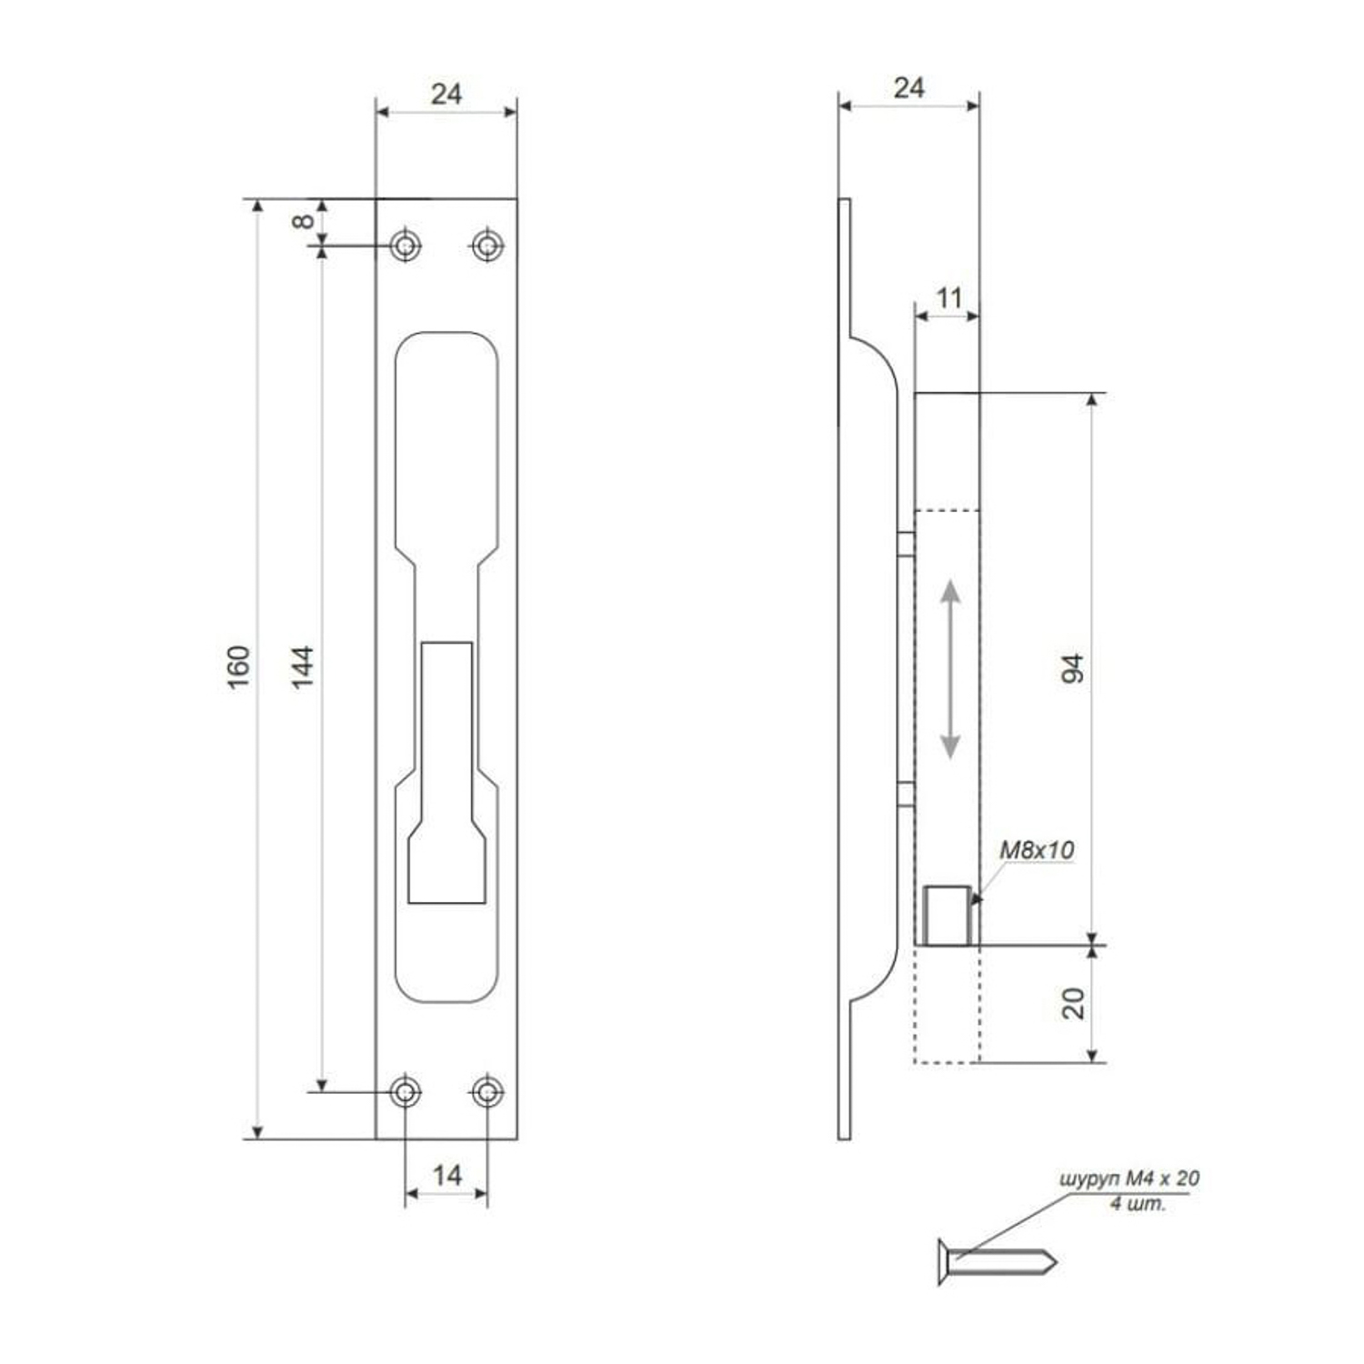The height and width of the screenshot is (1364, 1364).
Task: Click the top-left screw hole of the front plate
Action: (406, 246)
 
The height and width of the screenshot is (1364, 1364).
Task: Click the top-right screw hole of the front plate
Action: (487, 246)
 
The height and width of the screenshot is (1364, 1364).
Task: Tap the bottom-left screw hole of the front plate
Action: (406, 1090)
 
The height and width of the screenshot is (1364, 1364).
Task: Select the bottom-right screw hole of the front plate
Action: (487, 1090)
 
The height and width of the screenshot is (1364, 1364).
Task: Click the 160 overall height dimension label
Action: (238, 667)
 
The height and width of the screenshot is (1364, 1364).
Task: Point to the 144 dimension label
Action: (303, 667)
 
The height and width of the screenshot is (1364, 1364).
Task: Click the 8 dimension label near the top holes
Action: (304, 221)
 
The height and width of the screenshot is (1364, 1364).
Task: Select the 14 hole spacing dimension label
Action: (446, 1176)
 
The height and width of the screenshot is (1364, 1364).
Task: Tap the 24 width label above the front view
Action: (446, 94)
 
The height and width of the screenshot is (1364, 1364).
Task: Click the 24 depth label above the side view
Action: (908, 88)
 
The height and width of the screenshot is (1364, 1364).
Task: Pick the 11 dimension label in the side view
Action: (948, 298)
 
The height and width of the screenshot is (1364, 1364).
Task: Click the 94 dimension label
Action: (1074, 668)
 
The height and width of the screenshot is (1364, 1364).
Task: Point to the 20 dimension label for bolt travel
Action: (1074, 1003)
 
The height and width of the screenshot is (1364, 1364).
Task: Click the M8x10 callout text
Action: (1037, 850)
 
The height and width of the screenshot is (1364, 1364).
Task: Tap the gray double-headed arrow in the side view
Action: (949, 669)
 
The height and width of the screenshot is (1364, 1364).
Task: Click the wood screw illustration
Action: (996, 1262)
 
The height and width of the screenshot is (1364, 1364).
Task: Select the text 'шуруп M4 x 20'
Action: (1128, 1178)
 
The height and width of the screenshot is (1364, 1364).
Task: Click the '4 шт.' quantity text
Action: (1137, 1204)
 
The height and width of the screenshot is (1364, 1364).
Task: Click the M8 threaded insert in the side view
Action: (948, 914)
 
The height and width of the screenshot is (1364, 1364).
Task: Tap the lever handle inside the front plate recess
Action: (446, 773)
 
